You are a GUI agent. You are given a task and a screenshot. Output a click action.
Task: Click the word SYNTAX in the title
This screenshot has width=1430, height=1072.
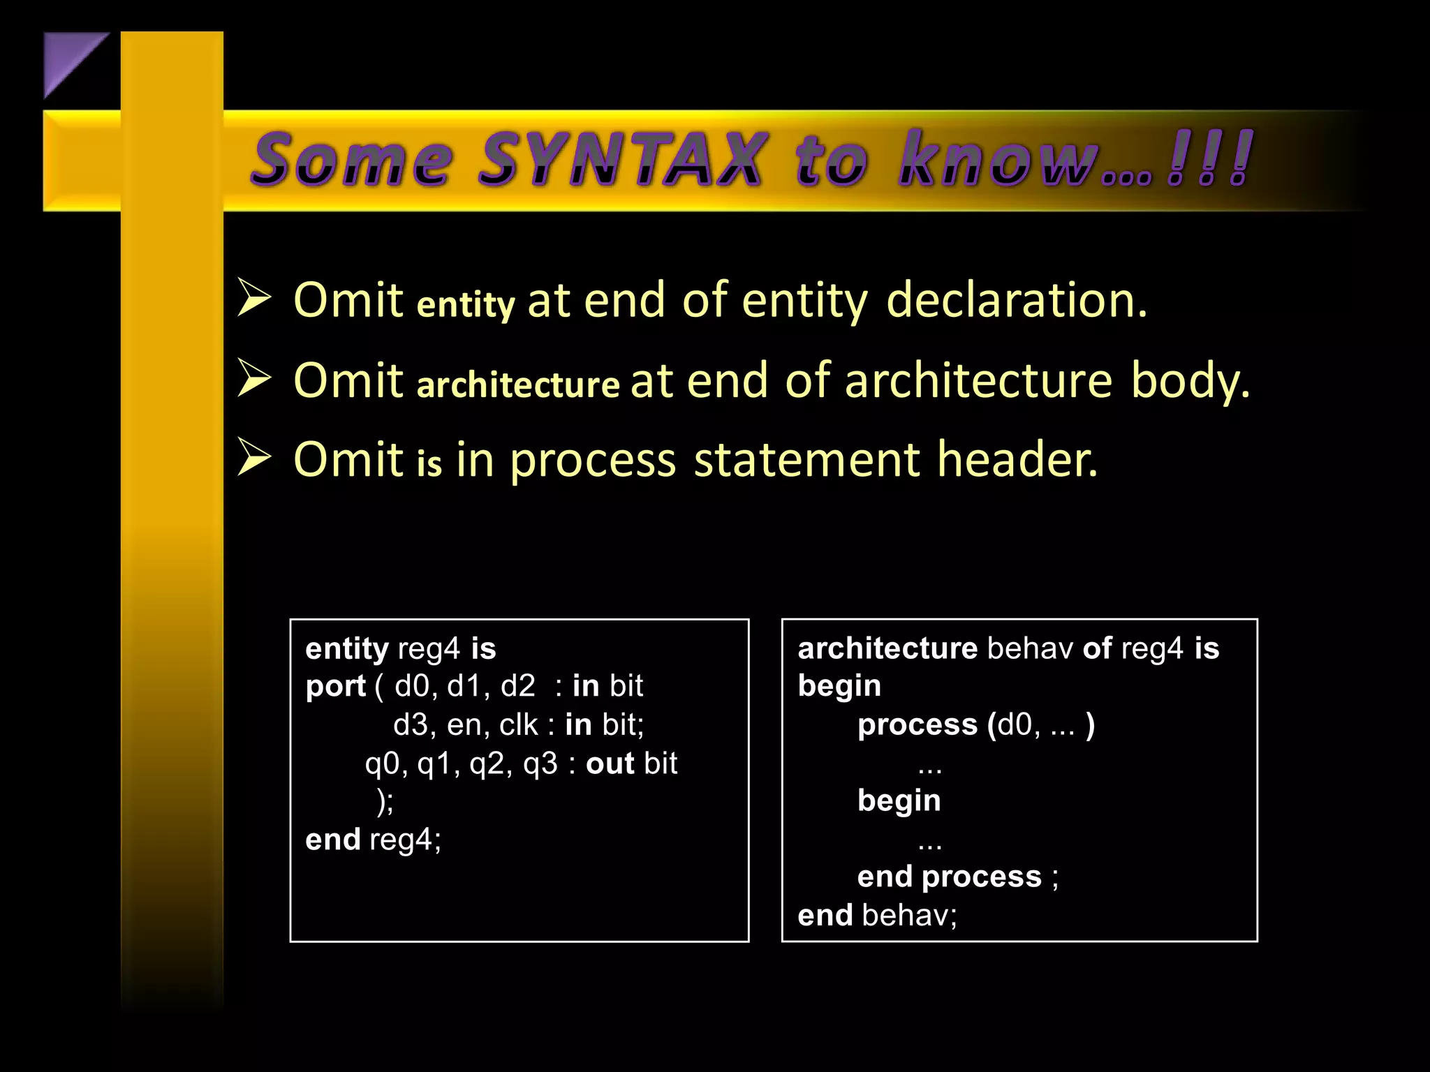(x=621, y=161)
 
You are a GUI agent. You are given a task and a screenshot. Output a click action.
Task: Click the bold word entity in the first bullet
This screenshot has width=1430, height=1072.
(x=466, y=304)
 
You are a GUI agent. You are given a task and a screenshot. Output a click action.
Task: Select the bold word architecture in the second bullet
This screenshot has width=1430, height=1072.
(x=518, y=385)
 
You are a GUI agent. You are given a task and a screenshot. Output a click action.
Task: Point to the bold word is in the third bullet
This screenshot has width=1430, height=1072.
(x=429, y=463)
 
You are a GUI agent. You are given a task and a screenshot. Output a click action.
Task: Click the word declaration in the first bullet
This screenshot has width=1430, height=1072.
(x=1016, y=300)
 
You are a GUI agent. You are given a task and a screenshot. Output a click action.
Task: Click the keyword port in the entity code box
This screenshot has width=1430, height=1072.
(x=335, y=686)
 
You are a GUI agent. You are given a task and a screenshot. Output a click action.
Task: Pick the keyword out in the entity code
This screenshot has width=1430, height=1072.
(x=610, y=764)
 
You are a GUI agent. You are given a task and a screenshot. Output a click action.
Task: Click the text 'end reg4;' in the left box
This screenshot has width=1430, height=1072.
(x=374, y=840)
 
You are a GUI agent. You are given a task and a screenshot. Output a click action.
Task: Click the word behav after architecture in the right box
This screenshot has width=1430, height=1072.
(x=1030, y=648)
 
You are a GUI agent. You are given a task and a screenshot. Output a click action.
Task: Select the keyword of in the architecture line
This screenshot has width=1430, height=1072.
(x=1097, y=648)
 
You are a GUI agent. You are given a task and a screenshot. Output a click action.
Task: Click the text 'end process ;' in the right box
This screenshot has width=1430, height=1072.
(x=957, y=877)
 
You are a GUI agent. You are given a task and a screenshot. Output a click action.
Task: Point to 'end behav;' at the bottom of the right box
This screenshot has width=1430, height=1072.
(x=877, y=915)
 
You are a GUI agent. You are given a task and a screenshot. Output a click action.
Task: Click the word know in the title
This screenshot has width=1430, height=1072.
(x=998, y=161)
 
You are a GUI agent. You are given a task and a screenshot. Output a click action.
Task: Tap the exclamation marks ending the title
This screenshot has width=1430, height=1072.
(x=1209, y=159)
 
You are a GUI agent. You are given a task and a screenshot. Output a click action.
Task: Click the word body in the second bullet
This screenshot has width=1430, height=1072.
(x=1189, y=381)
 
